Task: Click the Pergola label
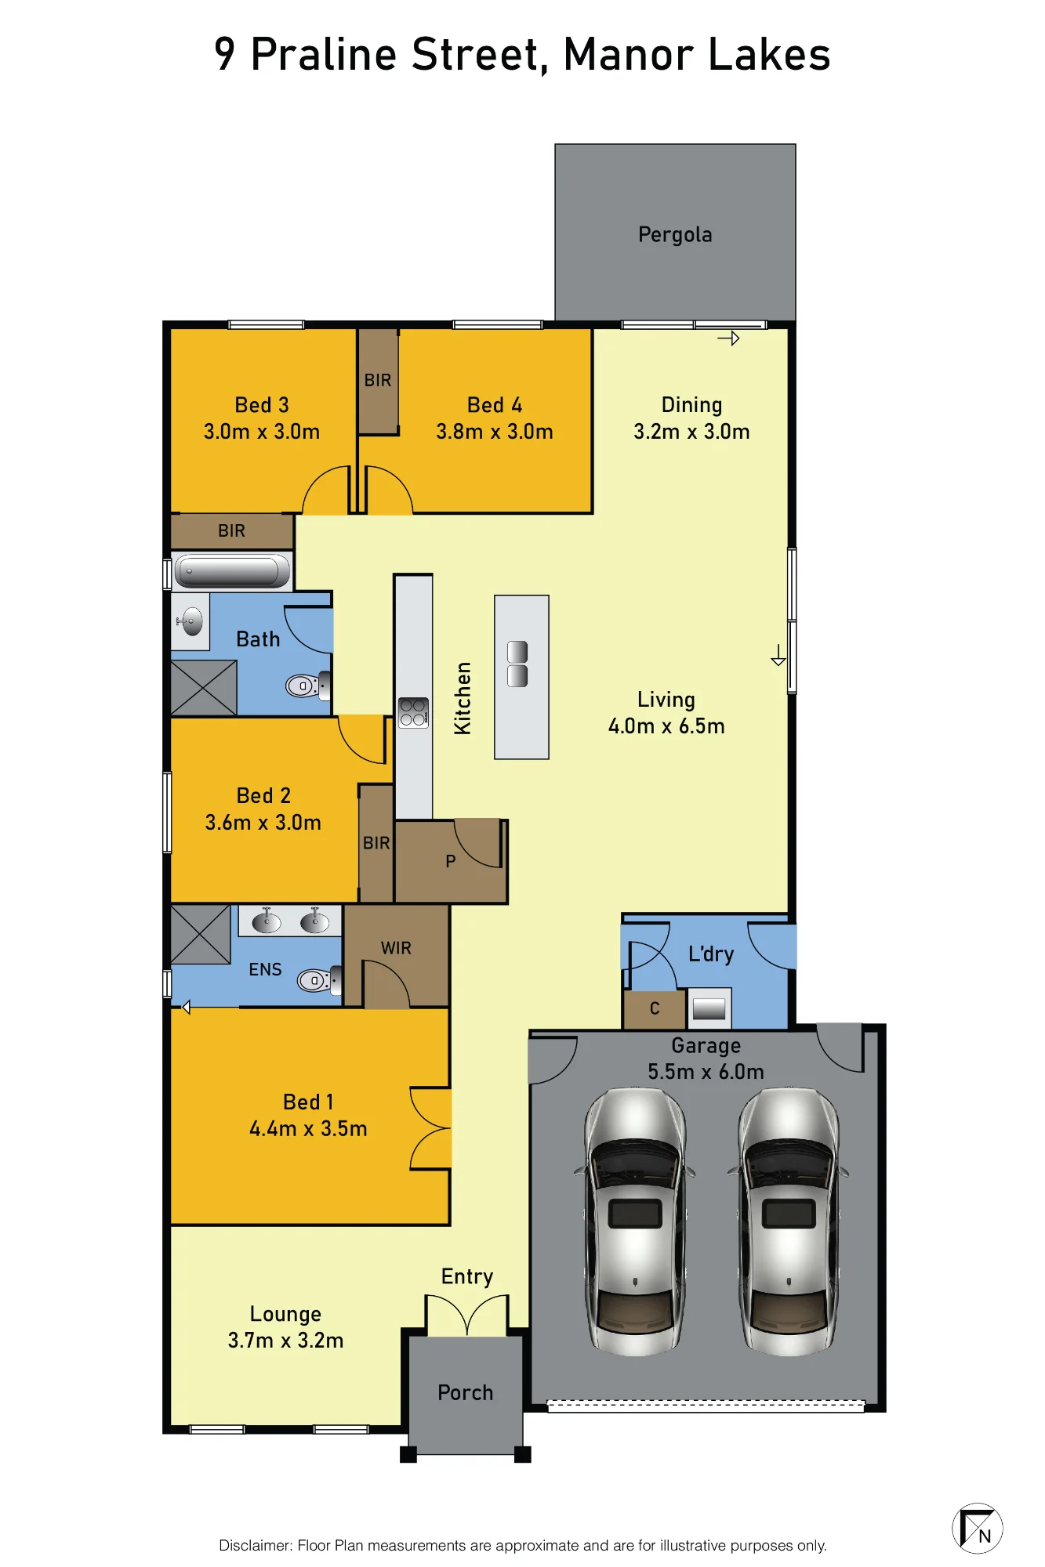tap(675, 235)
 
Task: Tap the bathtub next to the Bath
tap(232, 570)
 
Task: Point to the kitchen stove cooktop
tap(413, 712)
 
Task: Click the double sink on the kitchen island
tap(517, 664)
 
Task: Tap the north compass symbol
tap(977, 1528)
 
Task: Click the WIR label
tap(396, 948)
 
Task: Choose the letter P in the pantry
tap(450, 861)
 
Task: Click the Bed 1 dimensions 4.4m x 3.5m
tap(308, 1129)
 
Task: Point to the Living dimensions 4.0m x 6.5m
tap(666, 726)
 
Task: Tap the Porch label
tap(466, 1392)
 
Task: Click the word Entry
tap(467, 1277)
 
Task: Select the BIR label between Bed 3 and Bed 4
tap(378, 380)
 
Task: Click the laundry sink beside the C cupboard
tap(709, 1008)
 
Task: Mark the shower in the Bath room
tap(204, 688)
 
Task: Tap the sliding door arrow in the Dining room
tap(728, 338)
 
